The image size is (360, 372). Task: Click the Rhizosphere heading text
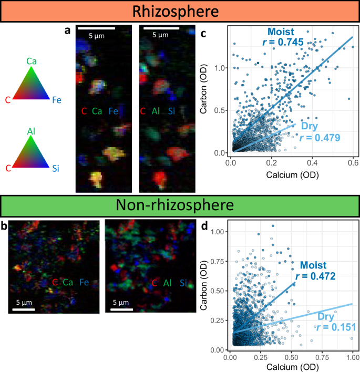[179, 11]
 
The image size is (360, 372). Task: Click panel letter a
[67, 30]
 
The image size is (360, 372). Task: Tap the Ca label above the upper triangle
[32, 62]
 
